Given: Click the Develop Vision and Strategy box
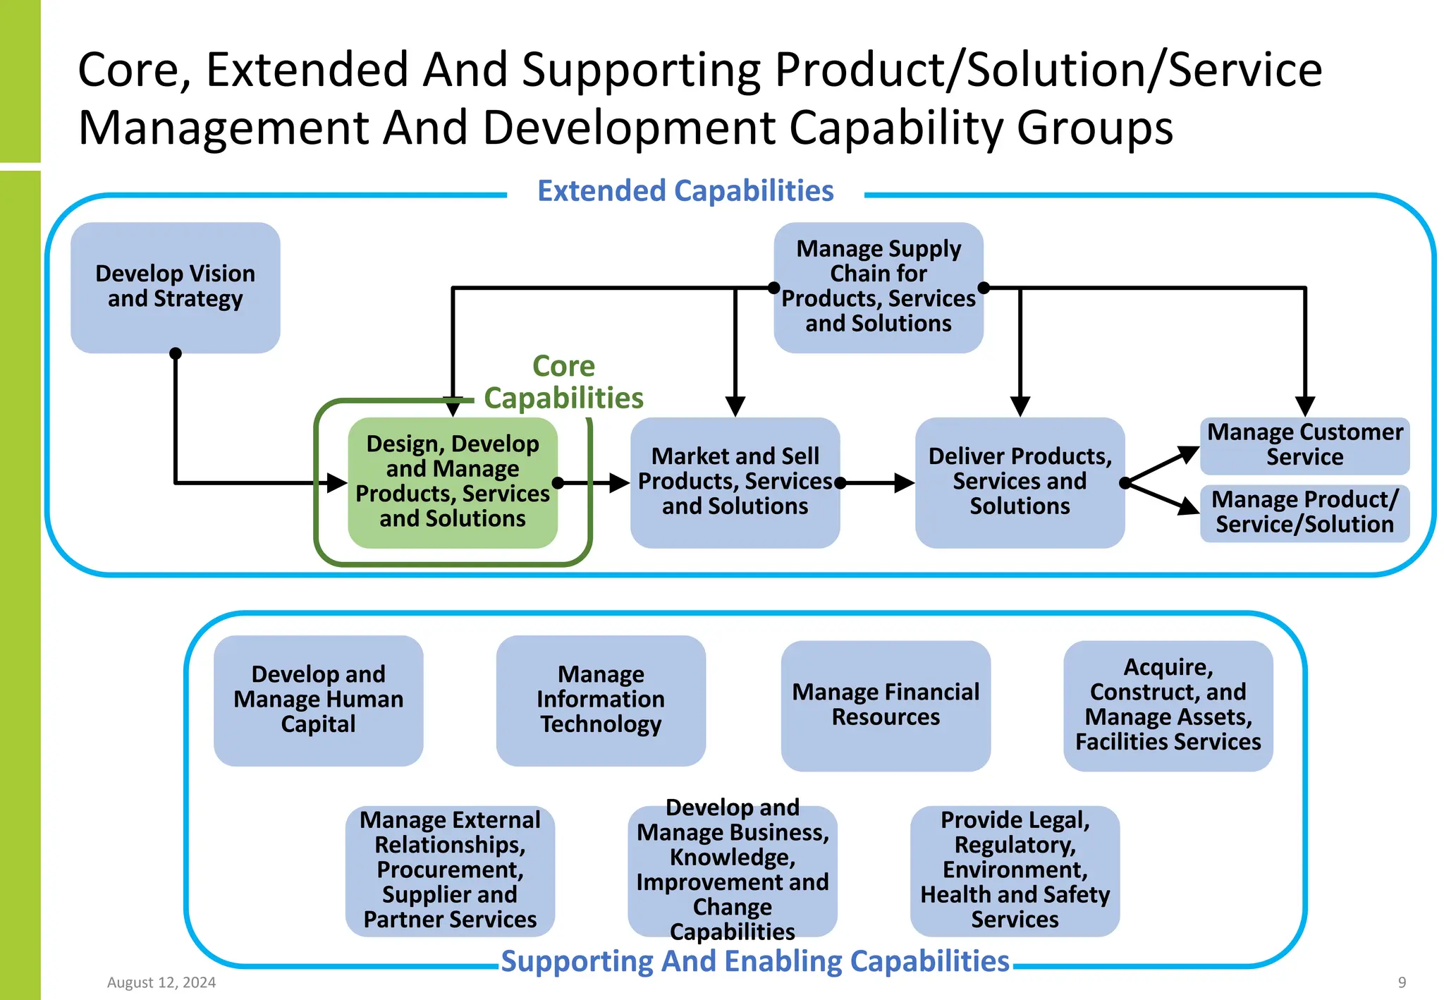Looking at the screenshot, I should [x=175, y=287].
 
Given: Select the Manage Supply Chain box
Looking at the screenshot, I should [x=878, y=287].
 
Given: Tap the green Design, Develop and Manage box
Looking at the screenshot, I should [x=452, y=482].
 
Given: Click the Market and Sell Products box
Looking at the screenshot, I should [x=734, y=482].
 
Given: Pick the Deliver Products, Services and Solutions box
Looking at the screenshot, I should [x=1019, y=482].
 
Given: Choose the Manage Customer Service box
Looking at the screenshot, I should [x=1304, y=445].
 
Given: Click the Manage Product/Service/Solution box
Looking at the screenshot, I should [x=1304, y=513].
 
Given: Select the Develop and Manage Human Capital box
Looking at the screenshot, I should [x=318, y=700].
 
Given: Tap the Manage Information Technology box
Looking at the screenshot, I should [x=600, y=700].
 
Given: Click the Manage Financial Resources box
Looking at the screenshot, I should [x=885, y=705].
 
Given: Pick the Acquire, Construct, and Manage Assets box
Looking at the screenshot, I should [x=1168, y=705].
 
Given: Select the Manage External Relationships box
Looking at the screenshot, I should [x=450, y=870].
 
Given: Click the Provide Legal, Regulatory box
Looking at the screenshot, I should [x=1015, y=870].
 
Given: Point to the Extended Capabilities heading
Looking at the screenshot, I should [x=685, y=191].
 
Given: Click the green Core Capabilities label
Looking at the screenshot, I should [x=563, y=382].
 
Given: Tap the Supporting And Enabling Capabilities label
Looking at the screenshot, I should [x=755, y=961].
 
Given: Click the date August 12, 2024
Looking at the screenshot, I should [x=161, y=982].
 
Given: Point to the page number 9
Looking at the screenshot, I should [x=1402, y=982].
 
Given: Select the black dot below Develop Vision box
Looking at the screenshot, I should [x=176, y=353].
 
